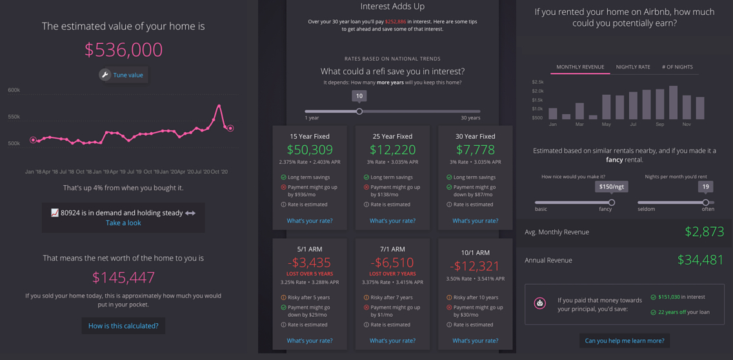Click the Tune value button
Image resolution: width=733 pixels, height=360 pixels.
pos(123,75)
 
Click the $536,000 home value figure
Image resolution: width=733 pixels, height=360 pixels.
pos(123,50)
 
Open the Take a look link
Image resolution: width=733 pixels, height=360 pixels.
pos(123,223)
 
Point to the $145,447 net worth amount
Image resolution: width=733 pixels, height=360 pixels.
pos(123,277)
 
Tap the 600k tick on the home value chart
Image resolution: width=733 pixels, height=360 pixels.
pos(14,90)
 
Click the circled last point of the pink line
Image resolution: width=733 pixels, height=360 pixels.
pos(230,128)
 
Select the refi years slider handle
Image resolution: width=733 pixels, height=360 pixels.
pos(359,111)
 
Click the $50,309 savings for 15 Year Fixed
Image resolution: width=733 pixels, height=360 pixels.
pos(310,150)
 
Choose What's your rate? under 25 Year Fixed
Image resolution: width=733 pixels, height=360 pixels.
pos(392,221)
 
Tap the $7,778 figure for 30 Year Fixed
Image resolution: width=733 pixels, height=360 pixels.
pos(475,150)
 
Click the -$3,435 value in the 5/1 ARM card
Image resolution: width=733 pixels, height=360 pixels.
pos(310,263)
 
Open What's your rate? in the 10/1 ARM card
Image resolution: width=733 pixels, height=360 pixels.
pos(475,341)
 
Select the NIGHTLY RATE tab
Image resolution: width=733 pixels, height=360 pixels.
pos(633,67)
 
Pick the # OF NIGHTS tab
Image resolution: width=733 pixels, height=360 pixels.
pos(677,67)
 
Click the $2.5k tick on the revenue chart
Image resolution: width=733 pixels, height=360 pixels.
pos(537,83)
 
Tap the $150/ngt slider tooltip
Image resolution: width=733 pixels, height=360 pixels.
pos(612,186)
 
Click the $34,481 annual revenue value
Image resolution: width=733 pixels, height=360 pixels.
pos(700,260)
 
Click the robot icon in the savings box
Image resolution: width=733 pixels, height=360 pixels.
pos(540,303)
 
